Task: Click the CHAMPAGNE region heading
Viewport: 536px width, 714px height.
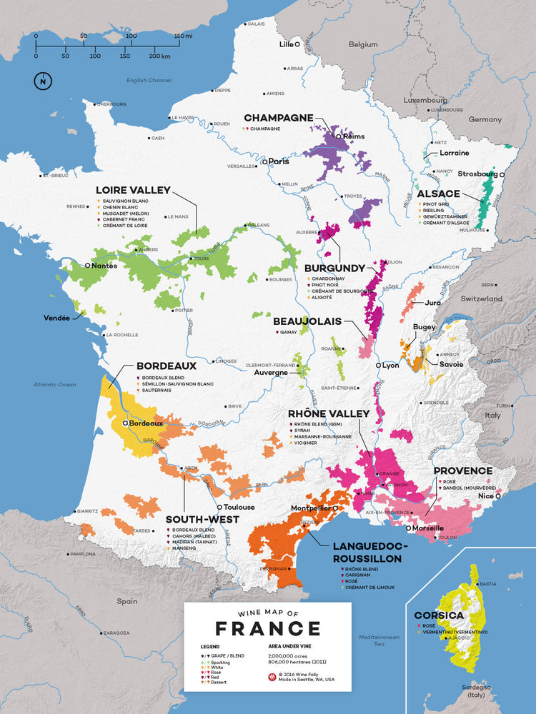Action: tap(279, 118)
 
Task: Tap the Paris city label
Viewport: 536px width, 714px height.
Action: tap(279, 161)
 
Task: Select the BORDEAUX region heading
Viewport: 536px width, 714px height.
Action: tap(166, 365)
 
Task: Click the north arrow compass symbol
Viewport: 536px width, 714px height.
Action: tap(43, 81)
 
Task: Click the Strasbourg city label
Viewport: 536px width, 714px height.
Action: tap(478, 174)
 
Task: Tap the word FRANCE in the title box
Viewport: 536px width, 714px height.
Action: tap(268, 628)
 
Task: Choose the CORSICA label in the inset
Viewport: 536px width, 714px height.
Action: tap(439, 615)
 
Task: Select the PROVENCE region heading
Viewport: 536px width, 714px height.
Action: tap(462, 471)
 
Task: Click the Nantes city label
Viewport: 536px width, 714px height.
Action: tap(104, 265)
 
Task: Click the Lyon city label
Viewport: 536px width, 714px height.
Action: tap(390, 365)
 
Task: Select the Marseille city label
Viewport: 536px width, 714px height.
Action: tap(428, 528)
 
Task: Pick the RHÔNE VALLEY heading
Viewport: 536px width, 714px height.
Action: tap(329, 413)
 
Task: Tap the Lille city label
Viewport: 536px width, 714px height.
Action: tap(286, 44)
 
